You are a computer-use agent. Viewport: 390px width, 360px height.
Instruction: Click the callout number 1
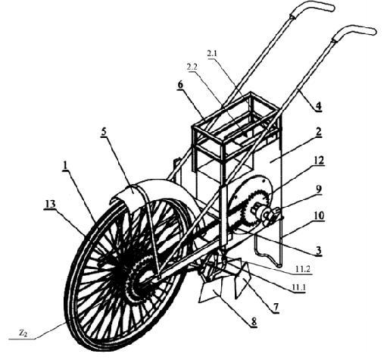[65, 166]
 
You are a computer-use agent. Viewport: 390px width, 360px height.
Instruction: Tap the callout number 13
[50, 204]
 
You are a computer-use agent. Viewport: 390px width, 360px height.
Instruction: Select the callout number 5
[105, 132]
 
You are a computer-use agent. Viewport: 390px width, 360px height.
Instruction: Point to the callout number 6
[180, 85]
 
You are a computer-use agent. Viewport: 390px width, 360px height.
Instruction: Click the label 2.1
[212, 54]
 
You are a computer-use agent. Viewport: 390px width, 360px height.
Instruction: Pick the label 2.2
[192, 67]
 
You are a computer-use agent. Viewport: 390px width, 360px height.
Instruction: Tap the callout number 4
[319, 105]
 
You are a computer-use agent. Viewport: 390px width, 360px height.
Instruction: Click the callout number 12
[319, 161]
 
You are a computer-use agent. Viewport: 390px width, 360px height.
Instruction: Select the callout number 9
[319, 189]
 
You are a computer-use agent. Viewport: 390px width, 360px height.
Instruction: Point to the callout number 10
[319, 215]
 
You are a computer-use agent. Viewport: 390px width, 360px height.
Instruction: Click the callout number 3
[319, 251]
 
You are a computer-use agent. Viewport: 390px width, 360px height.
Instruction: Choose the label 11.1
[299, 287]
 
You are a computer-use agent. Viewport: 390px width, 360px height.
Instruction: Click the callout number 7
[276, 308]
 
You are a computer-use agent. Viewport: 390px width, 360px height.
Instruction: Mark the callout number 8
[254, 321]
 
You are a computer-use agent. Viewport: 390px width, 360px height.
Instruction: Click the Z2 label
[23, 333]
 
